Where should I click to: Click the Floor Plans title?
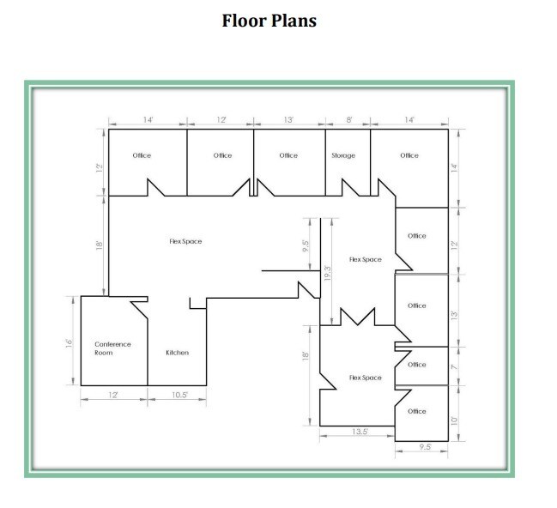coord(269,20)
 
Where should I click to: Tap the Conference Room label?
coord(112,348)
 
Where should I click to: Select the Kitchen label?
coord(177,353)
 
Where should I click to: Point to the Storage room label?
coord(342,155)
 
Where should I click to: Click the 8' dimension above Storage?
coord(348,120)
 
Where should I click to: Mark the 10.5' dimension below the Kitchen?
coord(178,395)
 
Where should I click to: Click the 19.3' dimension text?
coord(327,274)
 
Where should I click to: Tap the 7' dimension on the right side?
coord(455,366)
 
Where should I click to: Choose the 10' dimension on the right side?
coord(455,420)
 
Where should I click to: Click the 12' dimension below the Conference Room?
coord(113,395)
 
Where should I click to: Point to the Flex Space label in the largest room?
coord(185,242)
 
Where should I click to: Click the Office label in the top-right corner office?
coord(409,155)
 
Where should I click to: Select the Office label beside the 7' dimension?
coord(416,365)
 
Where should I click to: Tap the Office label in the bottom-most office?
coord(416,411)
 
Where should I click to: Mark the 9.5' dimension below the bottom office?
coord(424,447)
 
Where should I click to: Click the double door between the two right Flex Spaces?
coord(357,317)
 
